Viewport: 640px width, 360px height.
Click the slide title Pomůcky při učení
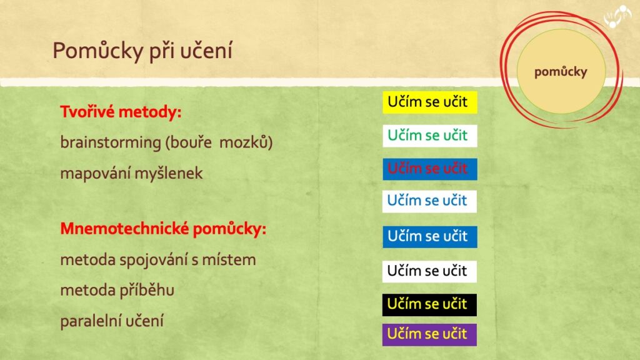coord(142,51)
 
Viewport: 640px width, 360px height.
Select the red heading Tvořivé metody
coord(121,111)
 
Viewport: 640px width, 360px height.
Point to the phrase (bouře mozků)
coord(219,142)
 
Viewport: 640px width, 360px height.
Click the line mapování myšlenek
coord(131,174)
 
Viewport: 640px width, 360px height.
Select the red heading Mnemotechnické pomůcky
coord(163,229)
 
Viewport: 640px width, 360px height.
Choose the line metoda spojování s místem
coord(158,260)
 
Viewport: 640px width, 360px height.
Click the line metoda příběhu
coord(117,291)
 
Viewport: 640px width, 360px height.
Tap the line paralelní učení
coord(112,321)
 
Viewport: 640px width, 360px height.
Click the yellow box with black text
coord(430,102)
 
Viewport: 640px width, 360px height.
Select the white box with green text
coord(430,136)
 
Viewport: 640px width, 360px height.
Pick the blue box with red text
coord(430,169)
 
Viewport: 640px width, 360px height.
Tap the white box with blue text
coord(429,201)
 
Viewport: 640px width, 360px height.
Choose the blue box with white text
coord(430,237)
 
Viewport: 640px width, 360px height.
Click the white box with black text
coord(429,271)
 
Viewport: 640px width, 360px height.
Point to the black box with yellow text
coord(429,305)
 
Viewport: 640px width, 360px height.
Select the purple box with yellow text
coord(429,335)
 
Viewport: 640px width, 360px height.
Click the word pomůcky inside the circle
coord(561,72)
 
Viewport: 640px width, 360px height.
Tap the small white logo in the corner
coord(617,16)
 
